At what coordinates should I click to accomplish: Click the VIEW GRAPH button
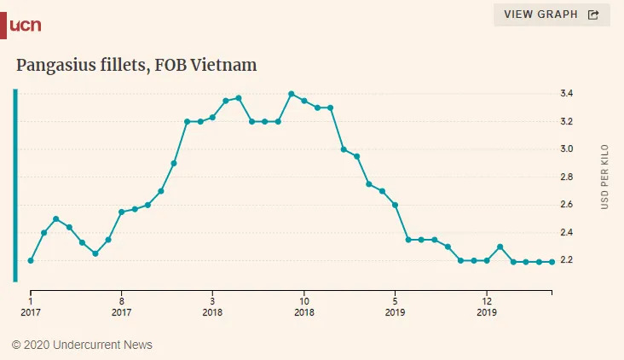(552, 15)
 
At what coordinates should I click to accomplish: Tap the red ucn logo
(23, 26)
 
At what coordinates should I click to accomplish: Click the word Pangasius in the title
(60, 66)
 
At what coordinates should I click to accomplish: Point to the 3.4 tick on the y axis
(566, 93)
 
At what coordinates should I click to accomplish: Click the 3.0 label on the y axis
(566, 149)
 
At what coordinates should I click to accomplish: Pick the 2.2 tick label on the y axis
(566, 260)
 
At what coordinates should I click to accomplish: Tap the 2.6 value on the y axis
(566, 205)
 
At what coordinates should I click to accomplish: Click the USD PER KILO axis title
(605, 177)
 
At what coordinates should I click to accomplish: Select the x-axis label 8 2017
(121, 306)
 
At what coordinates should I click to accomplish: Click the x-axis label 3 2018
(212, 306)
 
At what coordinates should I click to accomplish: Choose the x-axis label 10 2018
(303, 306)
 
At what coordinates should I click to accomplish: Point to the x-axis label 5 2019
(395, 306)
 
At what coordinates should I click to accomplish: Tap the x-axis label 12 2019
(486, 306)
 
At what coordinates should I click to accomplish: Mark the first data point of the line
(31, 260)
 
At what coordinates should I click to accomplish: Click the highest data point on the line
(292, 94)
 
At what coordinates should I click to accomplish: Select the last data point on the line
(552, 262)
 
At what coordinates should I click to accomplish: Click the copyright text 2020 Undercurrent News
(82, 345)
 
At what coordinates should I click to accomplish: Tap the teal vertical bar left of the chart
(14, 185)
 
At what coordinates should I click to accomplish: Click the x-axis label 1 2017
(31, 306)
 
